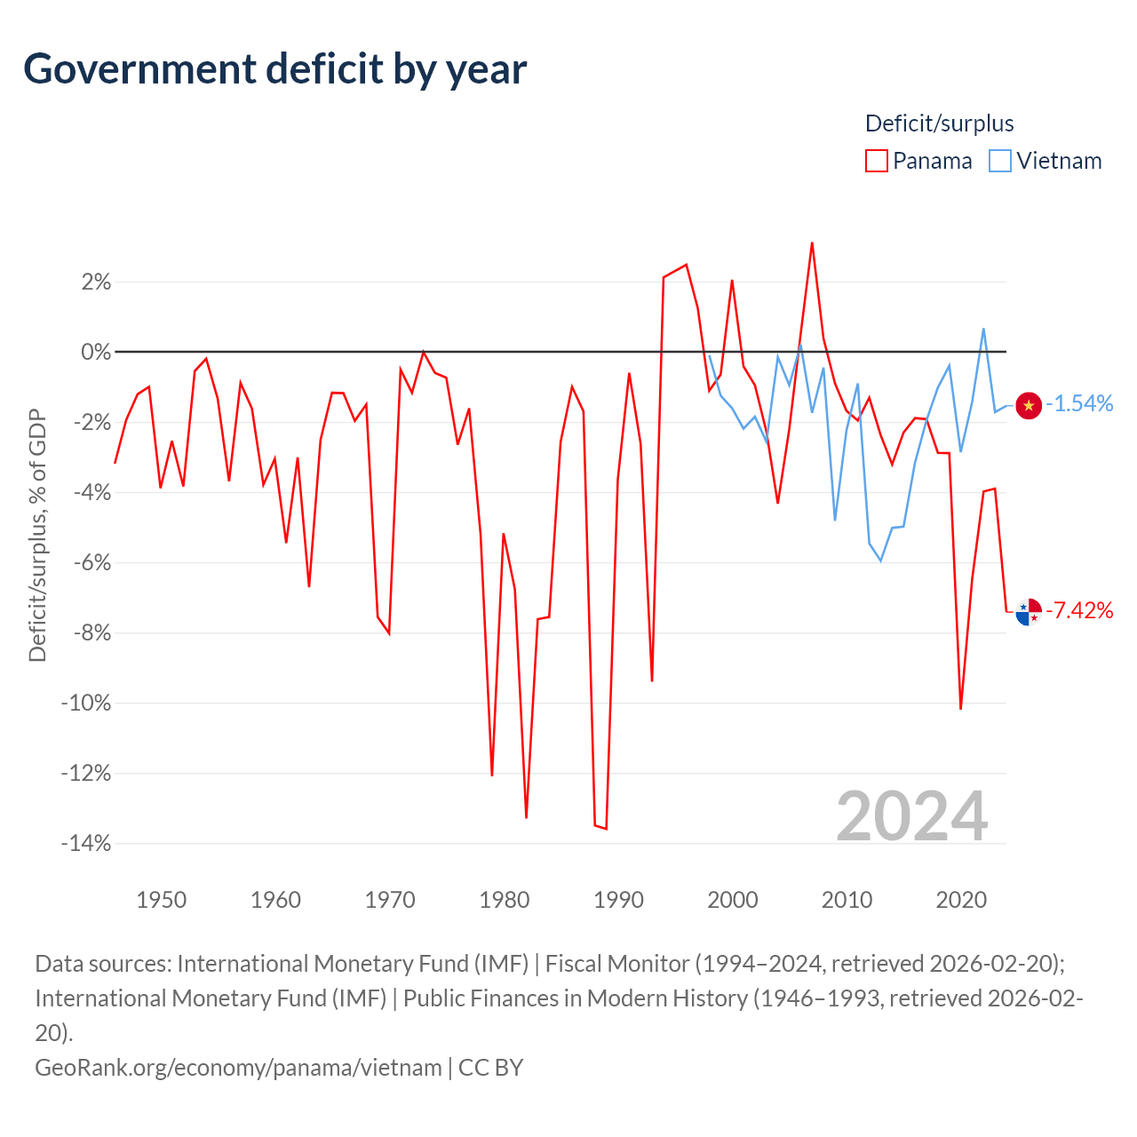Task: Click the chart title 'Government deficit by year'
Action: coord(274,69)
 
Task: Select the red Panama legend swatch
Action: coord(876,161)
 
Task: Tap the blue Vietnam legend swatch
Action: coord(1000,161)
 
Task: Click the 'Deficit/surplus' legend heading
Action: coord(939,123)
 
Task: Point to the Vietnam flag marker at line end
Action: coord(1029,405)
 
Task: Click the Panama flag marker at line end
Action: coord(1029,612)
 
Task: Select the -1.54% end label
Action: coord(1079,403)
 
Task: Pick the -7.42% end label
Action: coord(1079,610)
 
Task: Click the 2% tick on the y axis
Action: coord(96,282)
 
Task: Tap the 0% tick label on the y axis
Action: coord(96,353)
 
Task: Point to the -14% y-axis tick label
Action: coord(86,844)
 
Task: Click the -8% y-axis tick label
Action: coord(92,633)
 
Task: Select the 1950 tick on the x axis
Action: coord(161,900)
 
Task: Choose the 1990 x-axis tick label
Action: coord(618,900)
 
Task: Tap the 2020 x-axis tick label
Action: coord(961,900)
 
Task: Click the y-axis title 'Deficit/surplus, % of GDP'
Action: coord(37,535)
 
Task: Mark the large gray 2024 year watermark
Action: coord(911,816)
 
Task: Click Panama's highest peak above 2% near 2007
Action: coord(812,243)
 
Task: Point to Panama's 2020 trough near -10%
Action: coord(960,709)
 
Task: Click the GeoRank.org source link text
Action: coord(238,1068)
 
